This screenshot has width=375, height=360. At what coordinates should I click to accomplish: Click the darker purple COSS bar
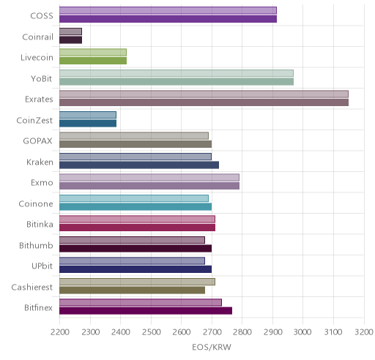[168, 19]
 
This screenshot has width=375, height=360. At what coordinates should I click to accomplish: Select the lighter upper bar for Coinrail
[70, 31]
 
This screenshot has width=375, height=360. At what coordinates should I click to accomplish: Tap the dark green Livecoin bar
[93, 61]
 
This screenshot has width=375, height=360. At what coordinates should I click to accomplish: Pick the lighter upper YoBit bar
[177, 73]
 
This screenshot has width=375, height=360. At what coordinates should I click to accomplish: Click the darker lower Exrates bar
[204, 102]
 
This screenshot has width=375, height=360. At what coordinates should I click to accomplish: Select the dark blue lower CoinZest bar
[88, 124]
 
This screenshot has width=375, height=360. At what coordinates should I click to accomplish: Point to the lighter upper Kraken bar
[135, 157]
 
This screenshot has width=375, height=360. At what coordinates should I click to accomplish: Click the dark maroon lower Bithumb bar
[135, 249]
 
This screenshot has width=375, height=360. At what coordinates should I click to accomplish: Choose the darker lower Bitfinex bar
[146, 311]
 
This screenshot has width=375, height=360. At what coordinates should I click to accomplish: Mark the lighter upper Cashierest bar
[137, 282]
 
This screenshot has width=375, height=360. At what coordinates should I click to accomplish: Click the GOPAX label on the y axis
[37, 141]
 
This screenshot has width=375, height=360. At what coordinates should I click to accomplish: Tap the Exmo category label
[42, 183]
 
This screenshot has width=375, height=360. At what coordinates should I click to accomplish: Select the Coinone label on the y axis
[36, 203]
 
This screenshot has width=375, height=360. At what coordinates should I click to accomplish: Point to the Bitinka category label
[40, 225]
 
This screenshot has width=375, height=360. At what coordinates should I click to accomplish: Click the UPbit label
[42, 266]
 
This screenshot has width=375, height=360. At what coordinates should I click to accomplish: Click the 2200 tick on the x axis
[60, 332]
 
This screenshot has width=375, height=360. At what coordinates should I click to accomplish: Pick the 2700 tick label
[212, 332]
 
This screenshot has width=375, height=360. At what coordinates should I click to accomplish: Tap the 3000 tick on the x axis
[302, 332]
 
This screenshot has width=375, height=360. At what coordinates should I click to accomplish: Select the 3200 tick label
[364, 332]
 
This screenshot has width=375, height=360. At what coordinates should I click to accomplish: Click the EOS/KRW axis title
[212, 347]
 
